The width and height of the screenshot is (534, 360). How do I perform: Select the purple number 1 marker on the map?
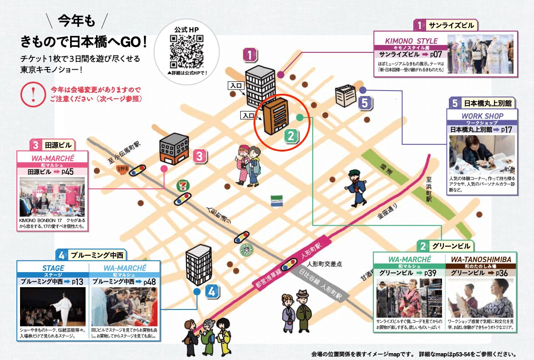[249, 55]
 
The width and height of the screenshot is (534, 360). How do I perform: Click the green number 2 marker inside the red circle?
[291, 135]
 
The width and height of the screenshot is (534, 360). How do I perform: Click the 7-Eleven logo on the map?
[183, 186]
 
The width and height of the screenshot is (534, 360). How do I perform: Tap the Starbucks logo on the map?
[246, 250]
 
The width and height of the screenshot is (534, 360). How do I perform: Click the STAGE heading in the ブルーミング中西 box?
[53, 268]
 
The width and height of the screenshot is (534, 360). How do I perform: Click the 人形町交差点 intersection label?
[324, 264]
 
